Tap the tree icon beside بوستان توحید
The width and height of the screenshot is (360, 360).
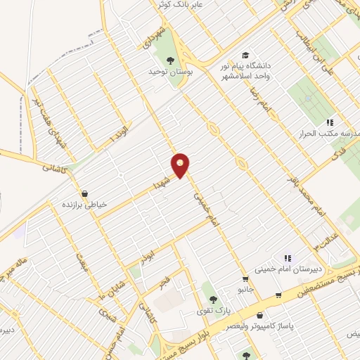tap(170, 60)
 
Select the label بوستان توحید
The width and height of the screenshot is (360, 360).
tap(165, 72)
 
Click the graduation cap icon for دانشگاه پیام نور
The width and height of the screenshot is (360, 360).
tap(245, 56)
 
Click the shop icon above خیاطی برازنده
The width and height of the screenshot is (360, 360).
tap(85, 193)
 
